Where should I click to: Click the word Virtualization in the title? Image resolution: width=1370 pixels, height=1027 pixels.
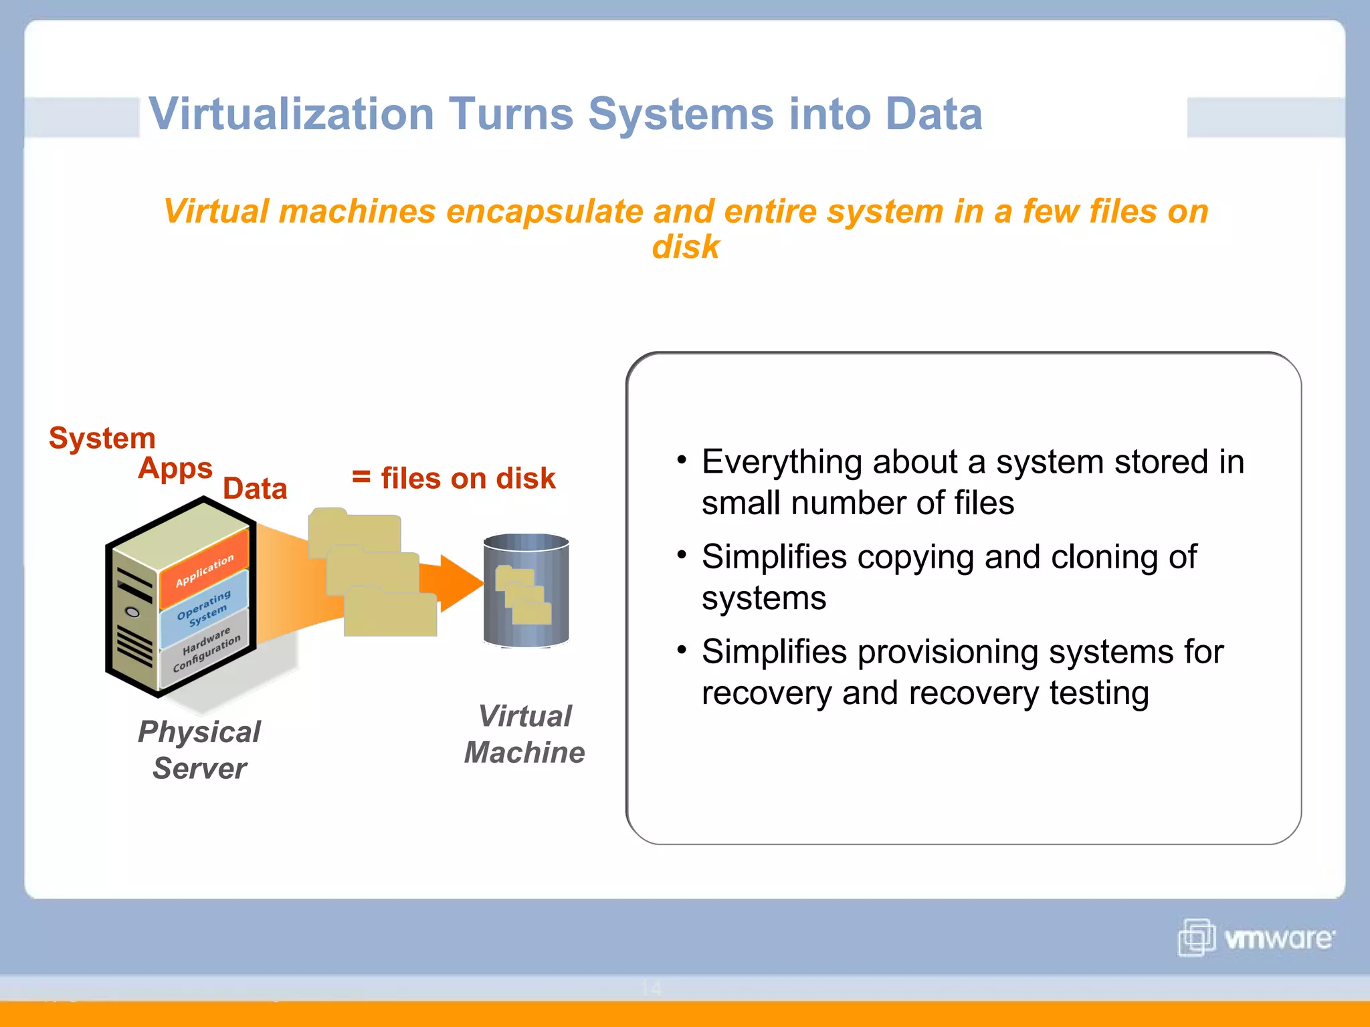tap(291, 114)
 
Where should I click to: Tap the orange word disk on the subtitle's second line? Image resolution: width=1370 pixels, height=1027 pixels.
tap(685, 247)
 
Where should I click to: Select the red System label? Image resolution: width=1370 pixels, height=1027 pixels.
tap(102, 439)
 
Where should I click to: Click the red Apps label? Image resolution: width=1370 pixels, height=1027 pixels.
tap(175, 469)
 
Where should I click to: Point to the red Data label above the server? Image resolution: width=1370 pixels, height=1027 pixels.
tap(255, 489)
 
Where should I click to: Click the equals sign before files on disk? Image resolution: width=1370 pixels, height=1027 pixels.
tap(361, 477)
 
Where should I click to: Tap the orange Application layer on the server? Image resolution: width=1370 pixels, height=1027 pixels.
tap(205, 569)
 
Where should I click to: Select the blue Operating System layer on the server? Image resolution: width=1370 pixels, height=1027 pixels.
tap(205, 607)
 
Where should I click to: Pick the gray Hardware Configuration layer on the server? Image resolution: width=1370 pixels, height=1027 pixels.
tap(206, 648)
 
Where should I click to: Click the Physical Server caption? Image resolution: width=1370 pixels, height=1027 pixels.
tap(199, 750)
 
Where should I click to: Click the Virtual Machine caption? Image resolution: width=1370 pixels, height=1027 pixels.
tap(525, 734)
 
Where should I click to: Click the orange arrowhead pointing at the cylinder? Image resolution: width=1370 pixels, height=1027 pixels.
tap(462, 583)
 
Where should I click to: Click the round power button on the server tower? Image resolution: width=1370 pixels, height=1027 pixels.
tap(133, 612)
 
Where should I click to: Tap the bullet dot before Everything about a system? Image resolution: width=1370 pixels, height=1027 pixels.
tap(682, 460)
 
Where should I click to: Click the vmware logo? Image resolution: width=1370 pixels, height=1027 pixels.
tap(1256, 937)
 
